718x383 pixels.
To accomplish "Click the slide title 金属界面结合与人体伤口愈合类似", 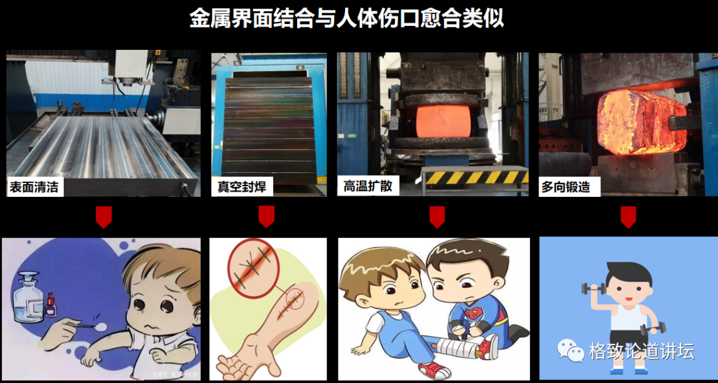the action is [x=346, y=19].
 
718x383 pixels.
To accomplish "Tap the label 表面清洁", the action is [x=35, y=187].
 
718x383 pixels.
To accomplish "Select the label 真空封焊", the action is [x=241, y=187].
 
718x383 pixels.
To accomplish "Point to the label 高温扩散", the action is [x=364, y=186].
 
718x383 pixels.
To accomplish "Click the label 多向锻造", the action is [x=565, y=187].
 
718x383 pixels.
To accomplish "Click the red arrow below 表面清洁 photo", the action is [x=104, y=217].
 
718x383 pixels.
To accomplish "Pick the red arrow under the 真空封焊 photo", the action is [x=267, y=217].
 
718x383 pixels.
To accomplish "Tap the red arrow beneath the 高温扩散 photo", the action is [x=437, y=217].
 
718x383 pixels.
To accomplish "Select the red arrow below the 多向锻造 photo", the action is [x=628, y=217].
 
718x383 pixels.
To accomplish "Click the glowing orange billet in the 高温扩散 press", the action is [x=443, y=121].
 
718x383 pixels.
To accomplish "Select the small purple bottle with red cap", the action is [x=51, y=305].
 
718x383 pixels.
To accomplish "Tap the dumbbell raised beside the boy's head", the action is [x=594, y=289].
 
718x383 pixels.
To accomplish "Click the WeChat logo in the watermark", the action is [x=570, y=350].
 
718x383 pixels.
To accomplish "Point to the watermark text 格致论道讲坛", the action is [x=642, y=351].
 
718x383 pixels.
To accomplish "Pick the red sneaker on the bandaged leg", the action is [x=489, y=347].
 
